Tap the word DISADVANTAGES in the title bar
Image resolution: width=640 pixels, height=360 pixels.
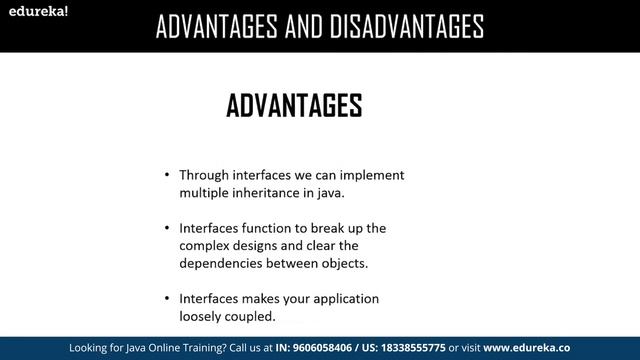[400, 25]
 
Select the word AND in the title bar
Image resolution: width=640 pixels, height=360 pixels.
[294, 25]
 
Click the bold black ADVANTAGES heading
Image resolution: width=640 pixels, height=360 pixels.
[295, 105]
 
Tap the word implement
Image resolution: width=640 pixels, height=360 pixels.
[370, 174]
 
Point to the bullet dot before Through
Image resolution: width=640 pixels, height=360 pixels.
[167, 175]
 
